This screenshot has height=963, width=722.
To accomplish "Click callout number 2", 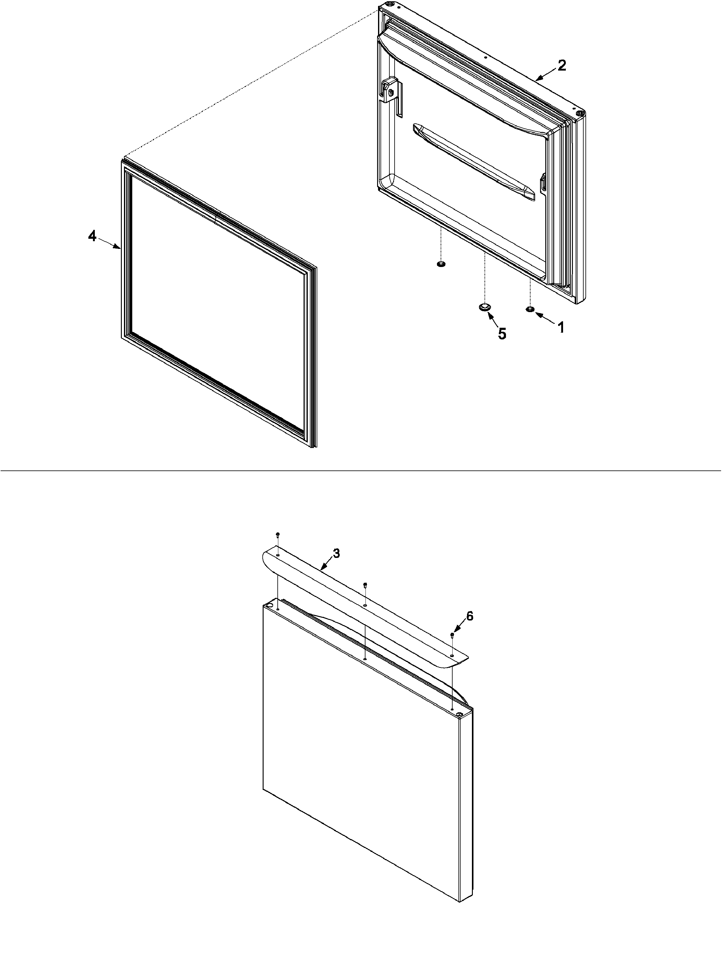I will point(562,66).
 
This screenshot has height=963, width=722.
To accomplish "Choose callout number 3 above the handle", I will point(336,554).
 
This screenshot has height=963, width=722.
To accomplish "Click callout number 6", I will point(469,616).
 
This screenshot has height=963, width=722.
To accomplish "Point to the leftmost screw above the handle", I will point(277,534).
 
